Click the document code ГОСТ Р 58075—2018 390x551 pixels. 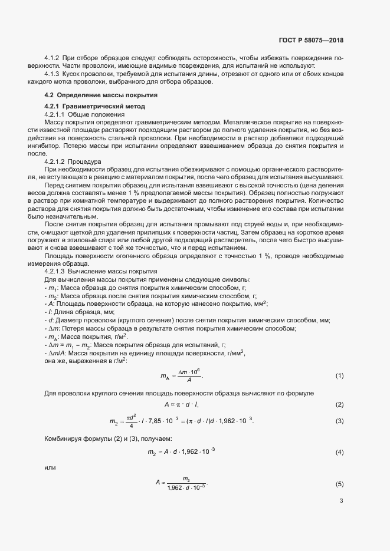pos(310,40)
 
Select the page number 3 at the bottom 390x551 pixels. pos(341,501)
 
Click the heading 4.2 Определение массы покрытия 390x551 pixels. pos(100,95)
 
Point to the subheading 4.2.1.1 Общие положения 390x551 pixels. pos(84,113)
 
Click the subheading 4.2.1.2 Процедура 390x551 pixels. pos(73,161)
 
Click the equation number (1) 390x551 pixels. pos(339,392)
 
